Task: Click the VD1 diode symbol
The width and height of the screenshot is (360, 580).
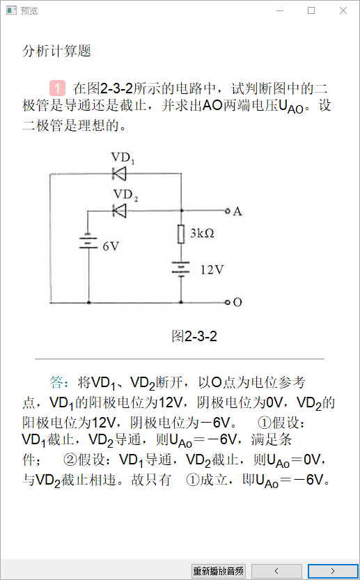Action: click(x=120, y=173)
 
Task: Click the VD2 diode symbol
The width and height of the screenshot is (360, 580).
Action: click(x=120, y=211)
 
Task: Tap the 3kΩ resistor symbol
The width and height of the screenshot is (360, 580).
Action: click(x=181, y=234)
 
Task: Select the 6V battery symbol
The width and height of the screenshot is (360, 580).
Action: click(x=88, y=242)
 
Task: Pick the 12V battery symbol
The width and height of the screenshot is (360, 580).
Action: click(x=181, y=269)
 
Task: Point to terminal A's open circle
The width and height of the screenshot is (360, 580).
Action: click(x=228, y=211)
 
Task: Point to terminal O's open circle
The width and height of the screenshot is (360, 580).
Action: click(x=228, y=302)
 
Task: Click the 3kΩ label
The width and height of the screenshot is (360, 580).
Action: click(x=203, y=233)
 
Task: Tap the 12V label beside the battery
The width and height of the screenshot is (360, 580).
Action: click(x=212, y=269)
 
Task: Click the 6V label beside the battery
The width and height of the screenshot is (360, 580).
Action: click(x=111, y=246)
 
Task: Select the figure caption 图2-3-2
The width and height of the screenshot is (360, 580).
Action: click(x=194, y=336)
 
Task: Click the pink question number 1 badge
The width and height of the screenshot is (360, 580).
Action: click(x=57, y=88)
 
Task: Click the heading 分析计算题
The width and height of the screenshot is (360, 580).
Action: click(x=56, y=51)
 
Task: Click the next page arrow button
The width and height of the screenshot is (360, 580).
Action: click(x=333, y=571)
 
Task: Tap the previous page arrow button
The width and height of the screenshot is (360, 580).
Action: click(x=276, y=571)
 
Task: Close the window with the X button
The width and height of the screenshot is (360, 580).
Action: click(x=343, y=10)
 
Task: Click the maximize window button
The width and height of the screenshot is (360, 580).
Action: click(x=311, y=10)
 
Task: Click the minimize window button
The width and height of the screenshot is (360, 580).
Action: click(x=280, y=10)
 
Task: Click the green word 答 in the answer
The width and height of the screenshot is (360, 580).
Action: click(x=56, y=382)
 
